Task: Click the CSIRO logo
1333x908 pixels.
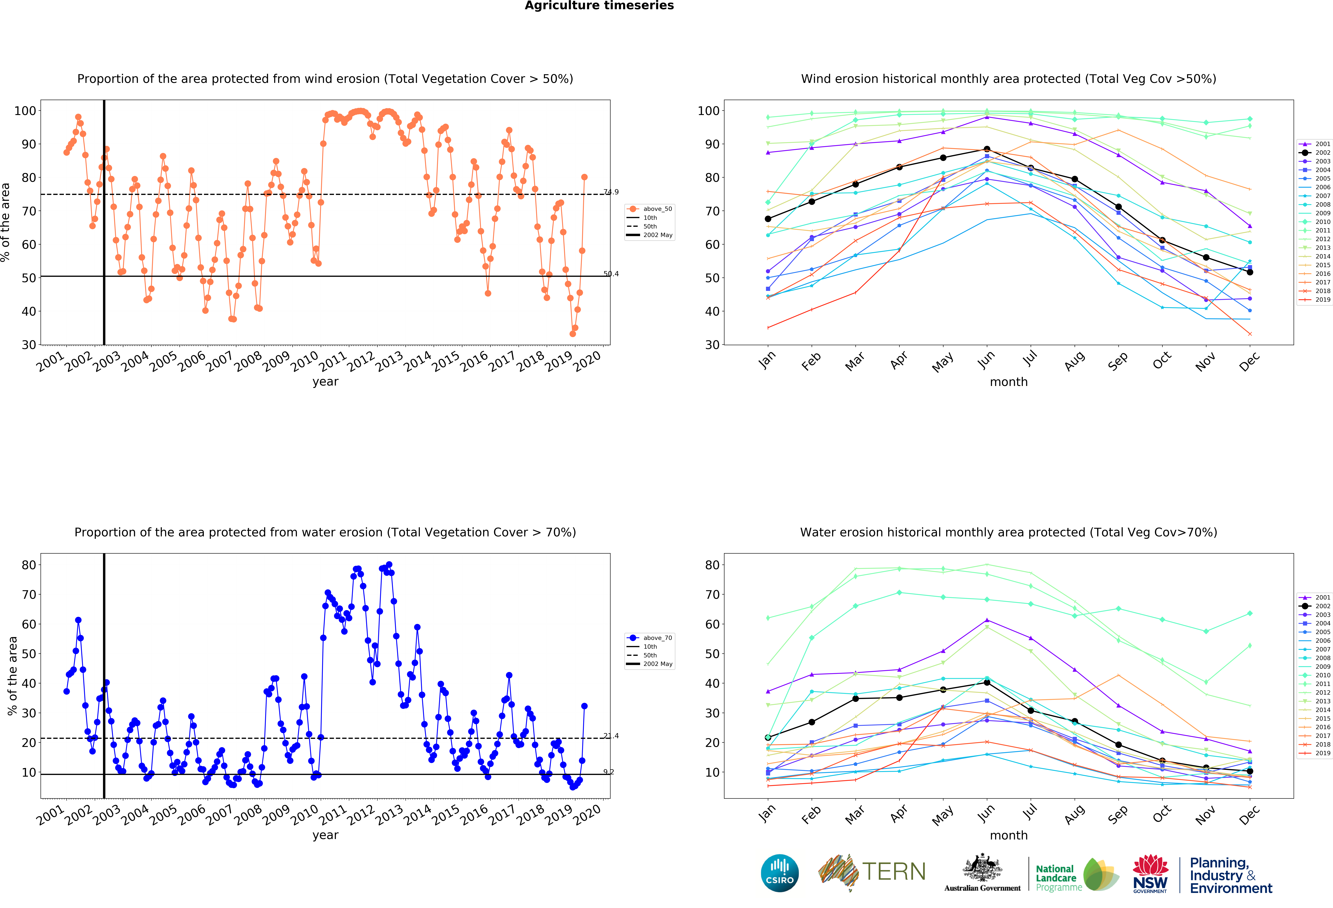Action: pos(779,873)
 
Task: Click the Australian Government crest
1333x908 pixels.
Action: pos(983,868)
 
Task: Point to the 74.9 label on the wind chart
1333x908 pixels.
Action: pos(611,192)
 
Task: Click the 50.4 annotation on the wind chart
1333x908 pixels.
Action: pos(611,274)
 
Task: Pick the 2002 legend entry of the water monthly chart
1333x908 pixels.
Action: pos(1323,606)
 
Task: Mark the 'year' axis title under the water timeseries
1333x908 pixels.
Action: pos(325,835)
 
